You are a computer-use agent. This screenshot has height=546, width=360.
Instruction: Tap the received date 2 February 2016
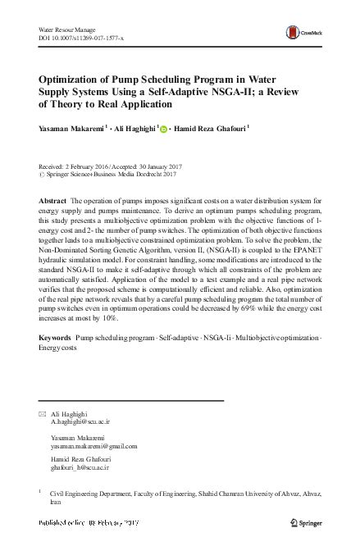(x=97, y=163)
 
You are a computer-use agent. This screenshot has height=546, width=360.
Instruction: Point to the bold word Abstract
(x=53, y=201)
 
